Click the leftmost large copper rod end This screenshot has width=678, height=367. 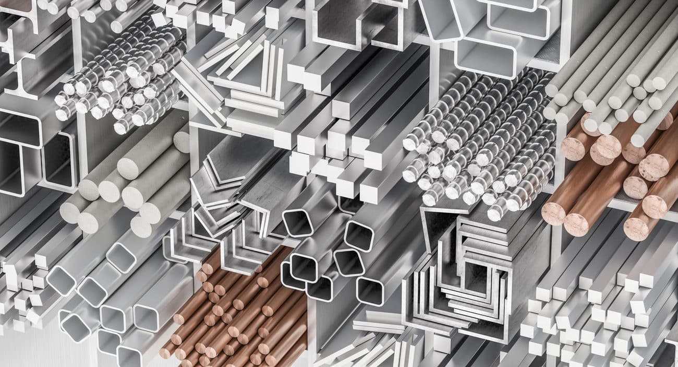[x=553, y=213]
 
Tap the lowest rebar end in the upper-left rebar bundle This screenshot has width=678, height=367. [x=121, y=127]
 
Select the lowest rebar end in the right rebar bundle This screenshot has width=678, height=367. [x=494, y=212]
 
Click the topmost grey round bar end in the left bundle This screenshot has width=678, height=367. [x=181, y=141]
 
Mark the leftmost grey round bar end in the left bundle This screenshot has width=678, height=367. [x=68, y=211]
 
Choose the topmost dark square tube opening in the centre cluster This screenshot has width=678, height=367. [x=297, y=223]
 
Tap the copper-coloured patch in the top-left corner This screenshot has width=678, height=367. [x=13, y=5]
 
